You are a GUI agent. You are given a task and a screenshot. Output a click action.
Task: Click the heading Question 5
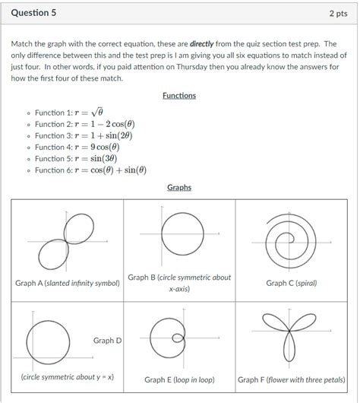33,13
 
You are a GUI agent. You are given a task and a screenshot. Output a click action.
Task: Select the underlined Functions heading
179,96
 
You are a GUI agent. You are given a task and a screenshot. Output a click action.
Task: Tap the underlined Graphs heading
179,188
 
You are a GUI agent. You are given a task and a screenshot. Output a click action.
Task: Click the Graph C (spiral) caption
292,283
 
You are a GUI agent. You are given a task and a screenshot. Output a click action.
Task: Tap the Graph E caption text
179,379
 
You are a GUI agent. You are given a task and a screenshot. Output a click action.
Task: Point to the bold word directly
202,45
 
